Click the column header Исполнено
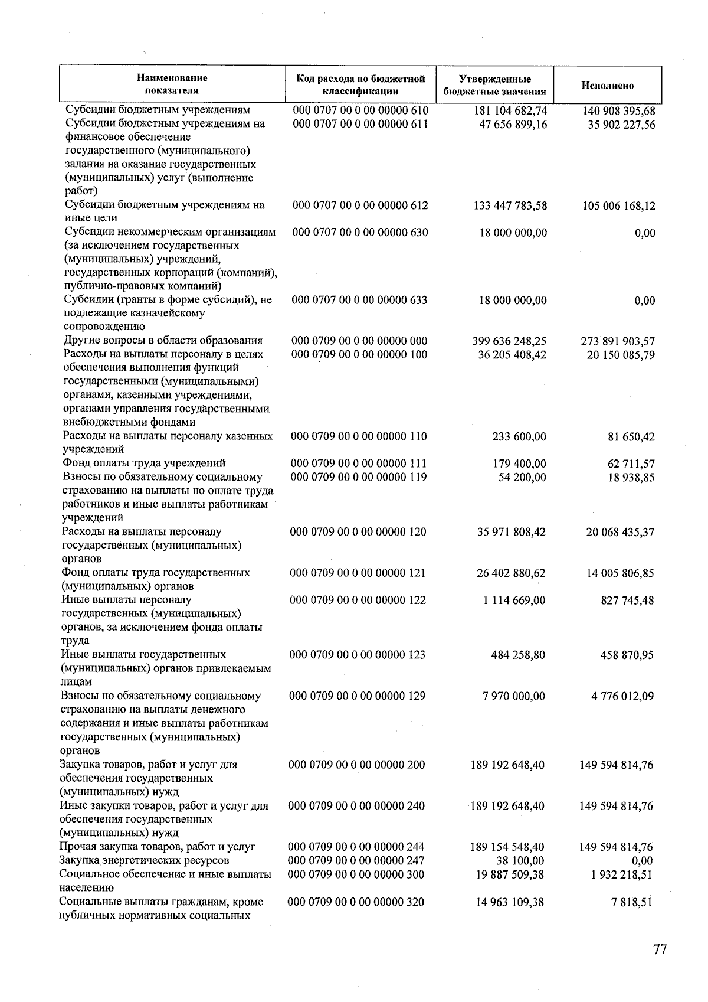[x=607, y=86]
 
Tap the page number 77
[x=660, y=949]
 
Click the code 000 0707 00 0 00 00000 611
[x=360, y=124]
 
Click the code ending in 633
[x=359, y=300]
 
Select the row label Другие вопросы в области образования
[x=163, y=341]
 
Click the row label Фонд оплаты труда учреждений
[x=144, y=464]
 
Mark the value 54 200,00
[x=522, y=477]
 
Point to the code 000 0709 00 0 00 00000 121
[x=358, y=573]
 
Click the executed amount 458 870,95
[x=624, y=655]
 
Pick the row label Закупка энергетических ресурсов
[x=144, y=861]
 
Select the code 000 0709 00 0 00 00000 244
[x=356, y=847]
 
